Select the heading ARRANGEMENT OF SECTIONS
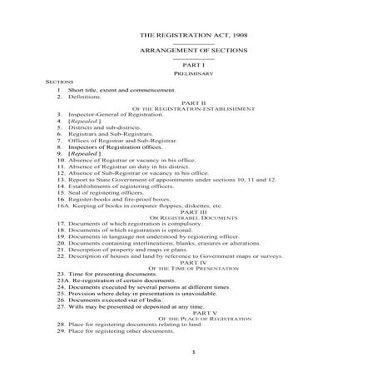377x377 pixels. [x=188, y=50]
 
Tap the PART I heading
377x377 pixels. [x=188, y=65]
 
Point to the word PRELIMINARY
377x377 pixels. [x=188, y=73]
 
